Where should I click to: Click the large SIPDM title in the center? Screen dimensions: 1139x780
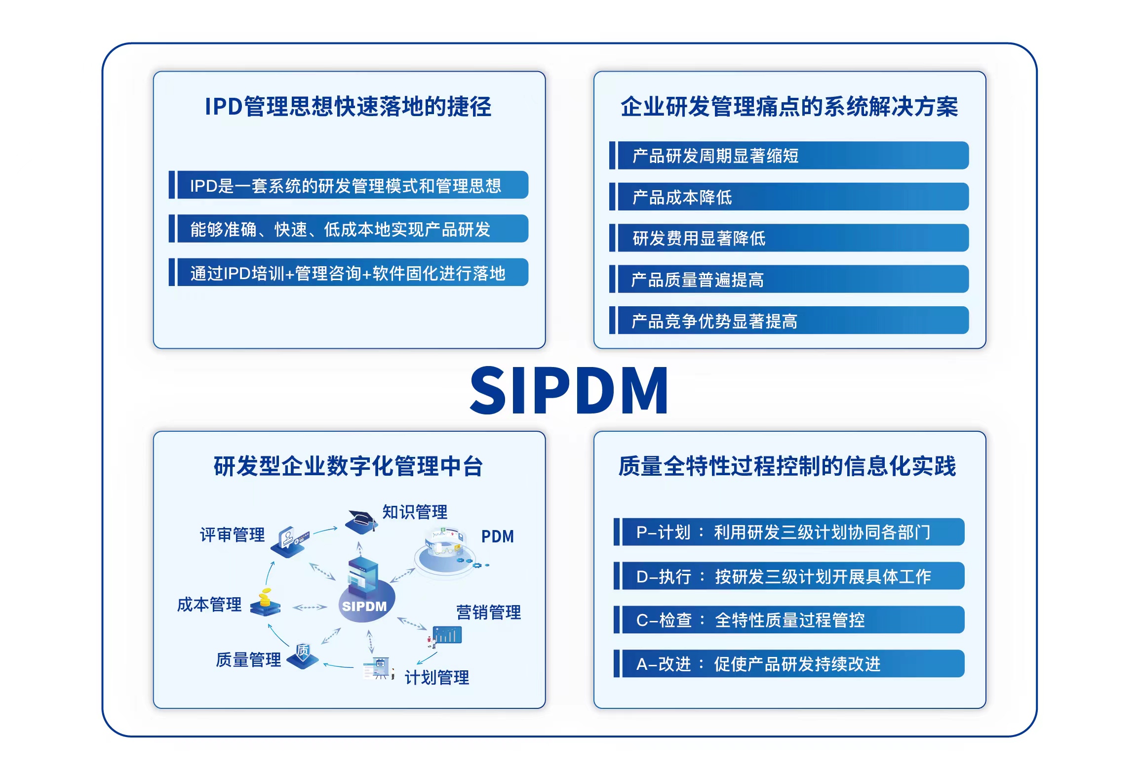coord(569,390)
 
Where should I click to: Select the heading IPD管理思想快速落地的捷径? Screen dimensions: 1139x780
coord(348,107)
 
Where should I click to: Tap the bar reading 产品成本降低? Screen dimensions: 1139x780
coord(789,197)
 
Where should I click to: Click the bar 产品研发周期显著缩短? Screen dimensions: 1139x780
coord(789,156)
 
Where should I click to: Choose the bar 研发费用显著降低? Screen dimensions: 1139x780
coord(789,238)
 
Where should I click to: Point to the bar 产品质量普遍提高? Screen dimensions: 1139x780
coord(789,279)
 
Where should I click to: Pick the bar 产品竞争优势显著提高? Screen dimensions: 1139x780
coord(789,320)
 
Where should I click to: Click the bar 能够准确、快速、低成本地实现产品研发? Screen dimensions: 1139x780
coord(349,229)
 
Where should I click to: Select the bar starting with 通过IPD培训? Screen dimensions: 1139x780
coord(349,272)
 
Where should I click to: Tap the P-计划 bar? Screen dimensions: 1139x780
coord(789,532)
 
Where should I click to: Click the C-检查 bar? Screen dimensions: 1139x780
coord(789,619)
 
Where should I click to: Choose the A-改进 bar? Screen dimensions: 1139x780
coord(789,663)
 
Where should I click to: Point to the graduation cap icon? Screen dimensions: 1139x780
coord(361,522)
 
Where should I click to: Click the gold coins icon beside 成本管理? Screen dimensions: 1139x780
coord(265,602)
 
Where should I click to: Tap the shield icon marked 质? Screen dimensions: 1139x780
coord(303,656)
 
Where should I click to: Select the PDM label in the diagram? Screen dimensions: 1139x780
coord(498,536)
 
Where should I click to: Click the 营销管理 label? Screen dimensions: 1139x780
coord(488,612)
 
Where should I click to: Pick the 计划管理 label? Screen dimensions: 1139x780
coord(437,677)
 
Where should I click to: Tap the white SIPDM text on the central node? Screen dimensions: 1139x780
coord(364,606)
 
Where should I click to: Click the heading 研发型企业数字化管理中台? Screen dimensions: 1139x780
coord(348,466)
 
